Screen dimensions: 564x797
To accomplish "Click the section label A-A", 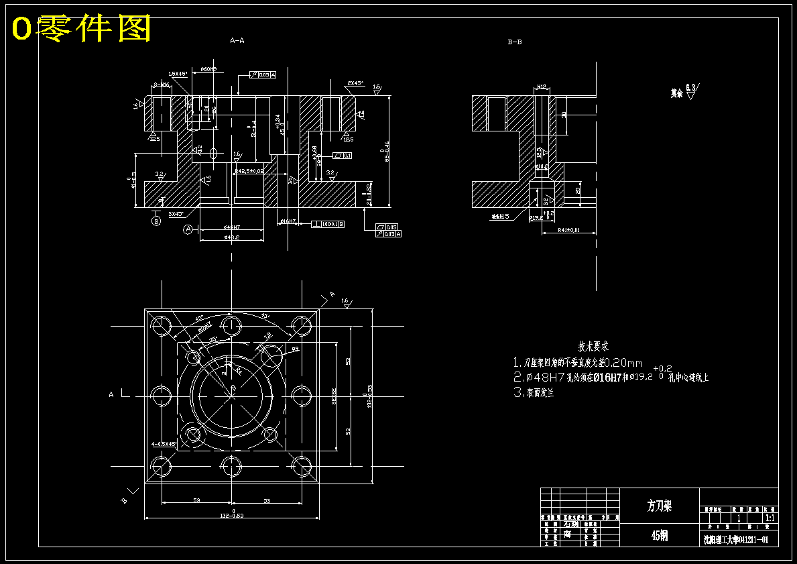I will click(x=237, y=40).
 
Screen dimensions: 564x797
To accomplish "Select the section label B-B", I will click(x=515, y=42).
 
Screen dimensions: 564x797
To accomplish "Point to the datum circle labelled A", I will click(x=188, y=229).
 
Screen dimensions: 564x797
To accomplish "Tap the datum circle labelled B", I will click(x=156, y=221).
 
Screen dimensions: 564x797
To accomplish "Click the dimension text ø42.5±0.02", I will click(x=249, y=171).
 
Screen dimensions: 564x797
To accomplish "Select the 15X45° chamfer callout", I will click(x=178, y=73).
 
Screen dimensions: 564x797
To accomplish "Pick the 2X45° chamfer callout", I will click(x=355, y=83).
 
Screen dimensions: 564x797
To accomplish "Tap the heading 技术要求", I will click(x=593, y=347).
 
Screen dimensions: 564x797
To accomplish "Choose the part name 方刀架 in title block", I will click(x=659, y=506).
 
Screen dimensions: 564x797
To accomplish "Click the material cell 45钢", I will click(x=659, y=535).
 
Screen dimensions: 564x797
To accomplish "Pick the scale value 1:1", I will click(x=770, y=518).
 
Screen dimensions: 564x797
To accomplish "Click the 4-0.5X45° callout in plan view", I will click(x=163, y=444).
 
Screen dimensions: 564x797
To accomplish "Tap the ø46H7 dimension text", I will click(x=232, y=228).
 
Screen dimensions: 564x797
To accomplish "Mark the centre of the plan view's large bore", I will click(x=231, y=394).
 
